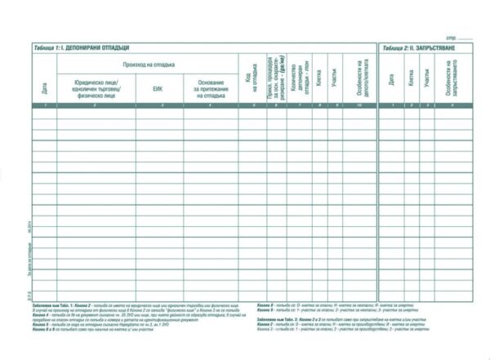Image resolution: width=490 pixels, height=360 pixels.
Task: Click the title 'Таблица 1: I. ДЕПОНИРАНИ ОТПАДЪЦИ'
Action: [82, 48]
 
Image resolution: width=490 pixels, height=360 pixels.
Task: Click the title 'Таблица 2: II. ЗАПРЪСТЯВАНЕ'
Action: [418, 48]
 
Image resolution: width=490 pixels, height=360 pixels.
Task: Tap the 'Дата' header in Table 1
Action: [44, 86]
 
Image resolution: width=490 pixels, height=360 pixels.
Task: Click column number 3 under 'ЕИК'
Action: [159, 106]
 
